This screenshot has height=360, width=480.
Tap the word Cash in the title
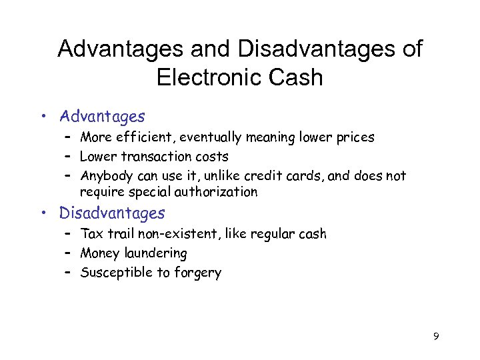click(297, 77)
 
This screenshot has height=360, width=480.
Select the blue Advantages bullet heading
click(102, 117)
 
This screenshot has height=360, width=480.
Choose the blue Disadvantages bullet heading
click(112, 213)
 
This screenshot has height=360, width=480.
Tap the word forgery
click(198, 272)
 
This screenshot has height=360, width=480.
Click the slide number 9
click(436, 336)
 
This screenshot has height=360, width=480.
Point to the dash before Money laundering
click(69, 253)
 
